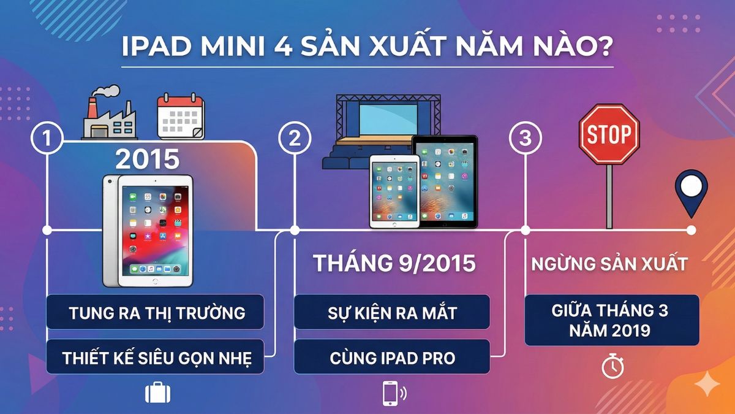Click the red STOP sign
[608, 134]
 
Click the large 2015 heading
[147, 159]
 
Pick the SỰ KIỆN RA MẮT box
[392, 312]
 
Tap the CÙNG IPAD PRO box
[392, 357]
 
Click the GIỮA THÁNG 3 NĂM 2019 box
[612, 320]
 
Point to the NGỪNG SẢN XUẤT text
[609, 264]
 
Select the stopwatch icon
[612, 367]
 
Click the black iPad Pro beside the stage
[444, 182]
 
